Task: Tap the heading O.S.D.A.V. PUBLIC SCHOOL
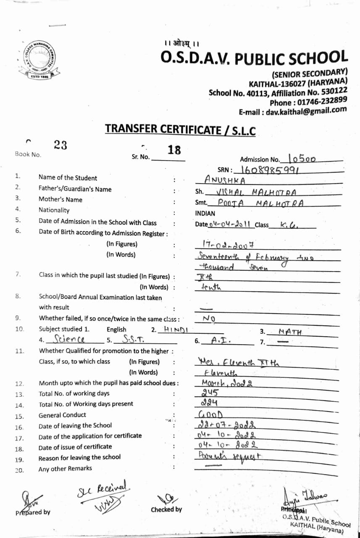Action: tap(254, 58)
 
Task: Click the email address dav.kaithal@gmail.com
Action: tap(293, 111)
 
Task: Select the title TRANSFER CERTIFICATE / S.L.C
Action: tap(180, 129)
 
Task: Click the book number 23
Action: tap(60, 145)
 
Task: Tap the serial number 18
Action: tap(174, 150)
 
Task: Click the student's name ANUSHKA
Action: tap(224, 179)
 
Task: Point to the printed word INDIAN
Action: tap(205, 214)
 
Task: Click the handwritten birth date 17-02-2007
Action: tap(225, 244)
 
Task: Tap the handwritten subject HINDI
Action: tap(176, 330)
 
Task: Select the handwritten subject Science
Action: tap(70, 339)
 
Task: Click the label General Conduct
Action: tap(62, 415)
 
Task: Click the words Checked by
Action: tap(166, 509)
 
